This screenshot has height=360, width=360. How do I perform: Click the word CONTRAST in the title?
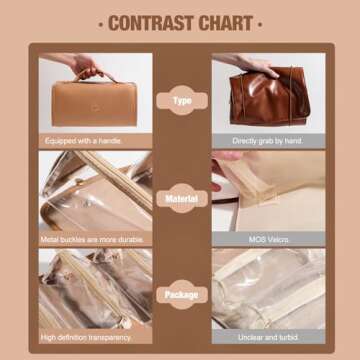click(x=152, y=23)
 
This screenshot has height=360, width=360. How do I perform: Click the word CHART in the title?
click(x=226, y=23)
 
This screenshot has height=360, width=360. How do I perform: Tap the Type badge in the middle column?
click(x=182, y=100)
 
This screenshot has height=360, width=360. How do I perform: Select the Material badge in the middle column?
click(x=182, y=199)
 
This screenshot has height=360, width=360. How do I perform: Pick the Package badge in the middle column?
click(x=182, y=295)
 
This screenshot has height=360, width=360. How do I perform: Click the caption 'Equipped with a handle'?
click(x=83, y=141)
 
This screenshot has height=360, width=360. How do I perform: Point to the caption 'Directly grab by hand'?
click(x=268, y=141)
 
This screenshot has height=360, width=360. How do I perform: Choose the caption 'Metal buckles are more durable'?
click(x=92, y=239)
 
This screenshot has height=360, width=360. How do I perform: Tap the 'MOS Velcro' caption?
click(x=268, y=239)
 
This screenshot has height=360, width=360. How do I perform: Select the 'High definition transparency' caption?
click(x=86, y=337)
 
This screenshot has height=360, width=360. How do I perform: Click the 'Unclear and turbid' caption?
click(x=268, y=337)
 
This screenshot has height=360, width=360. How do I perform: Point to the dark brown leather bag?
click(x=270, y=96)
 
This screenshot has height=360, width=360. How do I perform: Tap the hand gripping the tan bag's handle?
click(x=86, y=66)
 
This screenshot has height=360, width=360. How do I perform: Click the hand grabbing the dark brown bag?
click(x=258, y=65)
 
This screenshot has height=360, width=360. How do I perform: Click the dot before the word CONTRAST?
click(x=101, y=24)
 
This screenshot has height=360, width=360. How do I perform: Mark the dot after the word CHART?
click(x=260, y=24)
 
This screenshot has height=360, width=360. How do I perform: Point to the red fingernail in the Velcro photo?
click(x=215, y=186)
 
